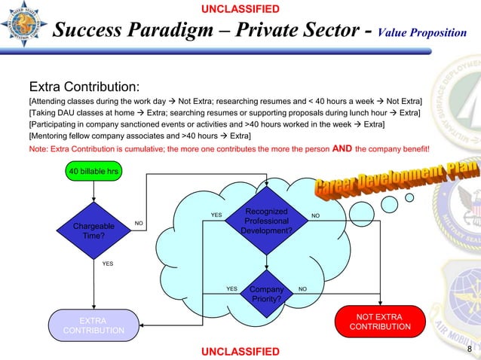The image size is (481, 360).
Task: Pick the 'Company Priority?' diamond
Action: pos(265,293)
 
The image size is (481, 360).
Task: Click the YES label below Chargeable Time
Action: pos(108,264)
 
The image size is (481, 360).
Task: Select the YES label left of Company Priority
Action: pos(231,288)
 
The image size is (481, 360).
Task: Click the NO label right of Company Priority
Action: pos(302,288)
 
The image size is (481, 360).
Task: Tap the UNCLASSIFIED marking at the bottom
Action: pos(240,352)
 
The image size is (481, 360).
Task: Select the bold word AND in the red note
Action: pos(343,148)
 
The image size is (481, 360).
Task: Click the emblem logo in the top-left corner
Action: pos(25,26)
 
